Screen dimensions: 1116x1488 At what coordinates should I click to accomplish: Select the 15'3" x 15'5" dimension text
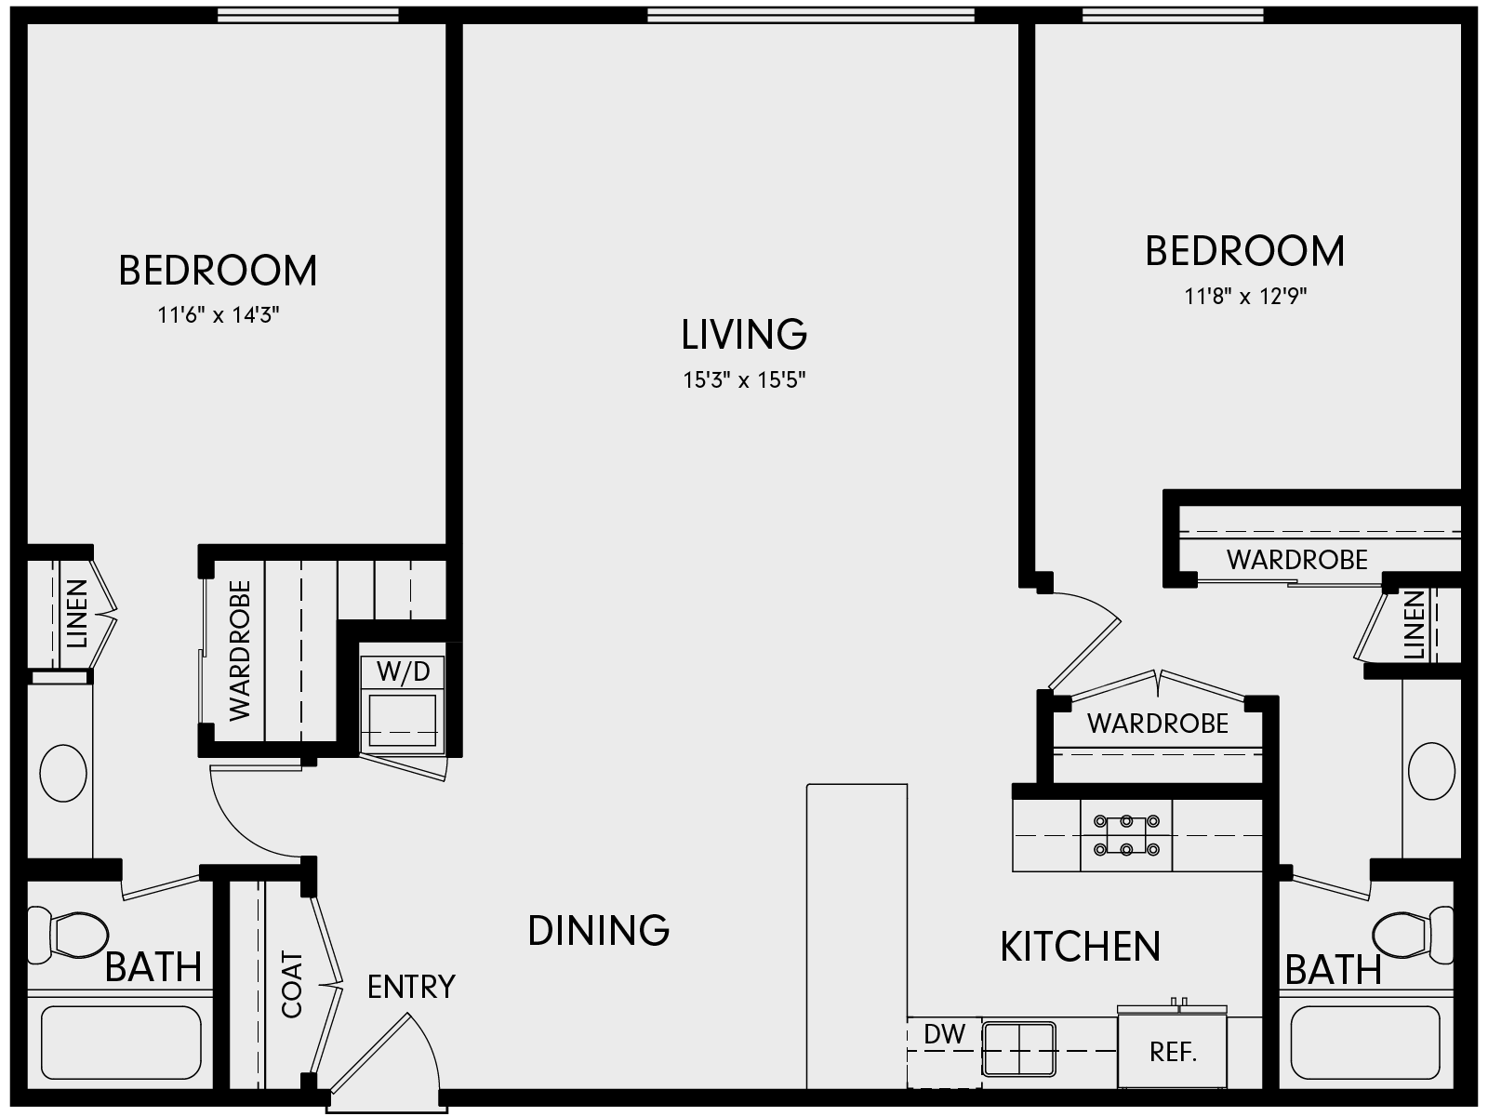click(x=744, y=380)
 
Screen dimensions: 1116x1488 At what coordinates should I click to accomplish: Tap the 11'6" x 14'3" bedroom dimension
click(x=219, y=315)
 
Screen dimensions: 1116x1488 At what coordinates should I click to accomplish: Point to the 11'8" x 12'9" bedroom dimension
click(x=1245, y=297)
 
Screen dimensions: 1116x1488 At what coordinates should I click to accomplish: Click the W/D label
click(x=403, y=671)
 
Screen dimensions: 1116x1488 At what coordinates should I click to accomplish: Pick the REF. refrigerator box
click(x=1173, y=1052)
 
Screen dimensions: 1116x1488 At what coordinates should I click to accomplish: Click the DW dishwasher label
click(x=945, y=1033)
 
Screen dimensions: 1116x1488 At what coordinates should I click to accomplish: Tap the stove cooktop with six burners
click(x=1126, y=835)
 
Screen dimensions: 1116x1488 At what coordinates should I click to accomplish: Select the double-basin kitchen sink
click(x=1019, y=1048)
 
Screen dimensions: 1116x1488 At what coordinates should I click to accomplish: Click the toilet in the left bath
click(x=70, y=934)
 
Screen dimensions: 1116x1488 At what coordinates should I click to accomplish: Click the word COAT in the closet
click(x=292, y=984)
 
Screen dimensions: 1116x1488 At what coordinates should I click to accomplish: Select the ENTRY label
click(x=411, y=987)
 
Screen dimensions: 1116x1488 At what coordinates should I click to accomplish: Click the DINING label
click(x=598, y=930)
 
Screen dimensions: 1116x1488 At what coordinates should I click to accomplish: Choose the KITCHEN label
click(x=1080, y=947)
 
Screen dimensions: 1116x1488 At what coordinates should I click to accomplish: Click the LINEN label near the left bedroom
click(x=76, y=614)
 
